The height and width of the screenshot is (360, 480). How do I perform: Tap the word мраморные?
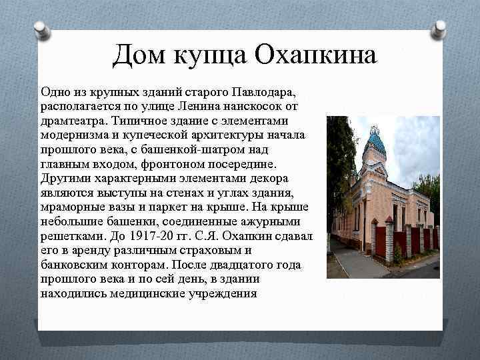[73, 207]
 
